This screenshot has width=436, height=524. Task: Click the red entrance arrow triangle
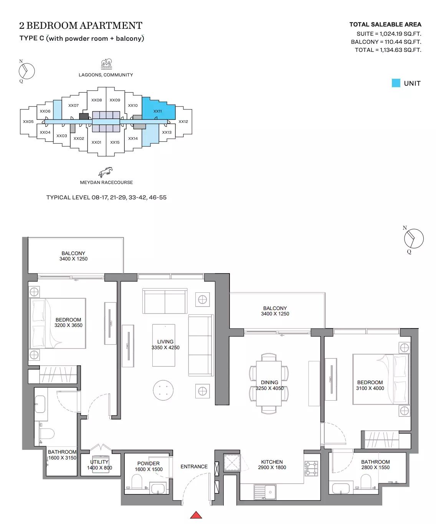coord(196,515)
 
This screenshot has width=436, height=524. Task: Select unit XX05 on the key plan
coord(28,122)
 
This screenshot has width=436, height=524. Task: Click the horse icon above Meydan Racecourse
coord(106,172)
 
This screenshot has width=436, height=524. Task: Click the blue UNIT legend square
coord(396,83)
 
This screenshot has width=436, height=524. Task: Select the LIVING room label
coord(165,342)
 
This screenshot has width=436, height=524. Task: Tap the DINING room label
coord(269,382)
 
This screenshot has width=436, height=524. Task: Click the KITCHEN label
coord(272,462)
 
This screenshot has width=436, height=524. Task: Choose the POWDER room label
coord(149,463)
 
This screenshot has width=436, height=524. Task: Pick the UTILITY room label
coord(99,462)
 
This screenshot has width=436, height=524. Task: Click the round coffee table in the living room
coord(164,391)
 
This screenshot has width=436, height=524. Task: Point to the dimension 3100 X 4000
coord(370,388)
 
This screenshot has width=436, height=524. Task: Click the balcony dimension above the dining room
coord(275,314)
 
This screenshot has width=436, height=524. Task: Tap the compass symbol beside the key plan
coord(27,71)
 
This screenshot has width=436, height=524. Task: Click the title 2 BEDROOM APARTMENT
coord(81,26)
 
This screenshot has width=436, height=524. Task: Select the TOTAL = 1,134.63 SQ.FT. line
coord(388,50)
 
